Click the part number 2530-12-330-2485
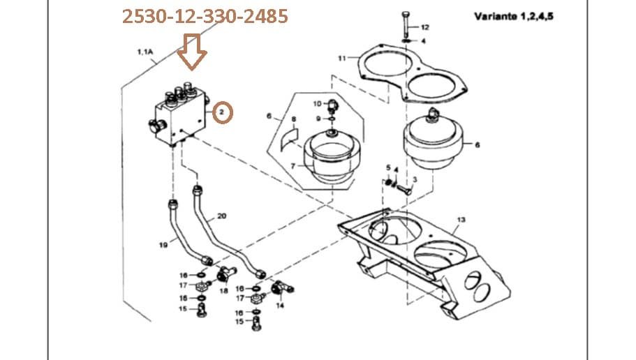[x=205, y=16]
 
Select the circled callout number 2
[x=222, y=112]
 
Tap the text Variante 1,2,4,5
[x=514, y=16]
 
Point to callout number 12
[x=425, y=27]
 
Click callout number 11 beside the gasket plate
[x=342, y=58]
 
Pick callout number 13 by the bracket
[x=461, y=220]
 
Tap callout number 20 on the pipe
[x=221, y=216]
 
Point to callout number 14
[x=281, y=306]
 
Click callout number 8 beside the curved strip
[x=294, y=119]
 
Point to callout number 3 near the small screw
[x=414, y=180]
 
